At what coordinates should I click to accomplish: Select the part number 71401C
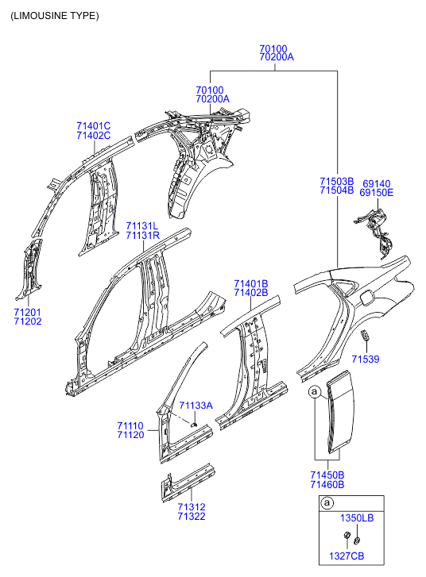pos(93,126)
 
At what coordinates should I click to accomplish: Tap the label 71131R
pos(142,236)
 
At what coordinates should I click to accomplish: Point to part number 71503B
pos(336,181)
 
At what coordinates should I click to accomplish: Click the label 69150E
pos(376,193)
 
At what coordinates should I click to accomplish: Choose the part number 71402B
pos(250,293)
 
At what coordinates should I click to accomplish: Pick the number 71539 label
pos(366,360)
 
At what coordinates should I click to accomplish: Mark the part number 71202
pos(28,321)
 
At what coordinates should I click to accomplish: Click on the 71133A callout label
pos(196,406)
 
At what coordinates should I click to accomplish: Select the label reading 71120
pos(130,435)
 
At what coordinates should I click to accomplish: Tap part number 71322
pos(191,517)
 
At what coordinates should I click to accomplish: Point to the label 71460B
pos(327,484)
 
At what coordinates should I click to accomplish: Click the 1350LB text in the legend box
pos(357,518)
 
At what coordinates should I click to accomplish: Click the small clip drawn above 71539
pos(365,337)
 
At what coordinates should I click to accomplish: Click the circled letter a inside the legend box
pos(326,502)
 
